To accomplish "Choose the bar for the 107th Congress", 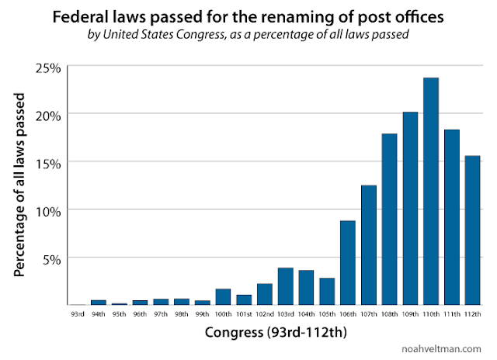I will click(x=369, y=244).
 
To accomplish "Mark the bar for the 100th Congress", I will click(x=223, y=296).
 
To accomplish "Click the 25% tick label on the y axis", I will click(x=47, y=67).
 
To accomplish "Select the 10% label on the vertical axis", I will click(x=47, y=209).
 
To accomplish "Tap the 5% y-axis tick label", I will click(x=50, y=258).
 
